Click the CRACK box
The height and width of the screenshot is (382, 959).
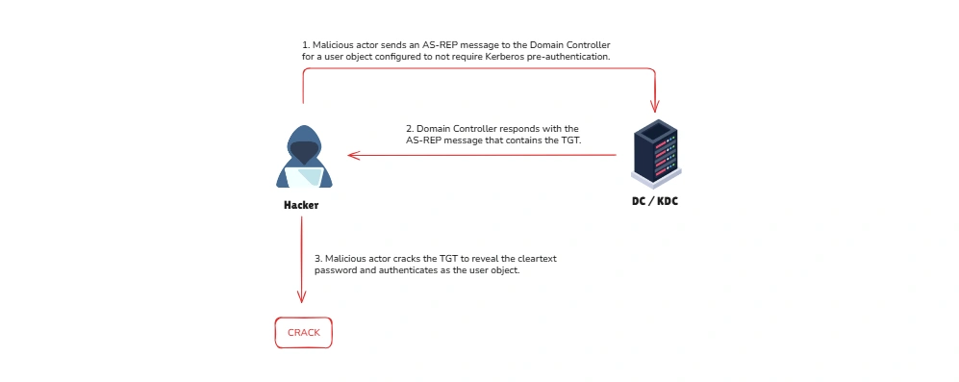[303, 333]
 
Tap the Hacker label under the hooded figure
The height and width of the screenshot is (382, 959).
[300, 206]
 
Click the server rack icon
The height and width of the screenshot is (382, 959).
[655, 153]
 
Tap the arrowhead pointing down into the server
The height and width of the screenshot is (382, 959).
[655, 108]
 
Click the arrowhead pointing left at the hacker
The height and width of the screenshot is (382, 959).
[353, 154]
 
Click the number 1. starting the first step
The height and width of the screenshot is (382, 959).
[306, 45]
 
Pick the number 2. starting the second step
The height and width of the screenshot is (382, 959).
[410, 128]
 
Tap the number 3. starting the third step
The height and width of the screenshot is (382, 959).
[318, 259]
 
